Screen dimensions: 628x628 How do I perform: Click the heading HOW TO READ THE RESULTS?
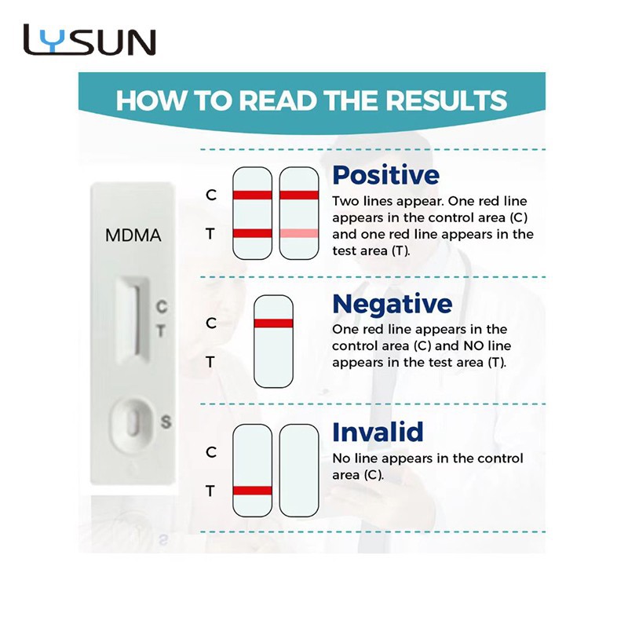point(311,101)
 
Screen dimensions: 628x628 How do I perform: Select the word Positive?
point(385,174)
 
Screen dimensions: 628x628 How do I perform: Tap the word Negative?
point(392,304)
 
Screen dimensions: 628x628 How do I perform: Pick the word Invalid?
point(378,433)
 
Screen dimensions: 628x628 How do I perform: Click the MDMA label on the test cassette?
point(133,235)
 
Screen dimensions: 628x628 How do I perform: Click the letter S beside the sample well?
point(166,422)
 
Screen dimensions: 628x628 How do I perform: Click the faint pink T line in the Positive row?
point(299,233)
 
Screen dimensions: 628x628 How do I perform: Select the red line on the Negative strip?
point(273,323)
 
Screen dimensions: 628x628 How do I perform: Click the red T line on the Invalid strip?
point(253,491)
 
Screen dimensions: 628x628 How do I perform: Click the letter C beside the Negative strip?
point(211,323)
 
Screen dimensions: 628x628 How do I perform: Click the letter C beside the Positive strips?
point(211,195)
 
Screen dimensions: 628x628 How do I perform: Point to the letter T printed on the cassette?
point(161,331)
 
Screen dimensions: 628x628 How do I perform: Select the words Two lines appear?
point(377,200)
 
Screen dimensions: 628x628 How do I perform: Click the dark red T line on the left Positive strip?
point(253,232)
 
